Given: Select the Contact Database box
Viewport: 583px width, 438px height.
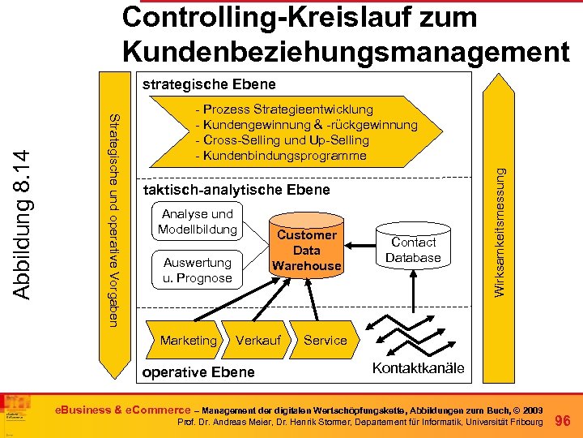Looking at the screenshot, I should [x=413, y=250].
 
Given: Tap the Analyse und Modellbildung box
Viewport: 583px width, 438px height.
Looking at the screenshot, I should [x=198, y=221].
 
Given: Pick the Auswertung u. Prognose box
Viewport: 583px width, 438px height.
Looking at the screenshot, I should [x=198, y=270].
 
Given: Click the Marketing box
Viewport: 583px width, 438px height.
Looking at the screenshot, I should [x=189, y=341].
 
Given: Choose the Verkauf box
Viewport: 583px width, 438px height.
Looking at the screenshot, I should [x=257, y=341].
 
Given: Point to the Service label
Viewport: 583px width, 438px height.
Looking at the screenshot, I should [x=325, y=341].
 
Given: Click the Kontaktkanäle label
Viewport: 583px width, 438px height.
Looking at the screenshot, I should [x=418, y=368].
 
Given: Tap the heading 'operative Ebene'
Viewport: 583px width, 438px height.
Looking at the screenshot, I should [x=198, y=372].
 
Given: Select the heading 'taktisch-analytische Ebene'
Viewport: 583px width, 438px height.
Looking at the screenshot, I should [x=236, y=190].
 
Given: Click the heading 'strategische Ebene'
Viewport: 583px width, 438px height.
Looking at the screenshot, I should [x=209, y=84].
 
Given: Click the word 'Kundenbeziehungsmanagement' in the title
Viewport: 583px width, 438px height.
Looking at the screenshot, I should [x=346, y=50].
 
